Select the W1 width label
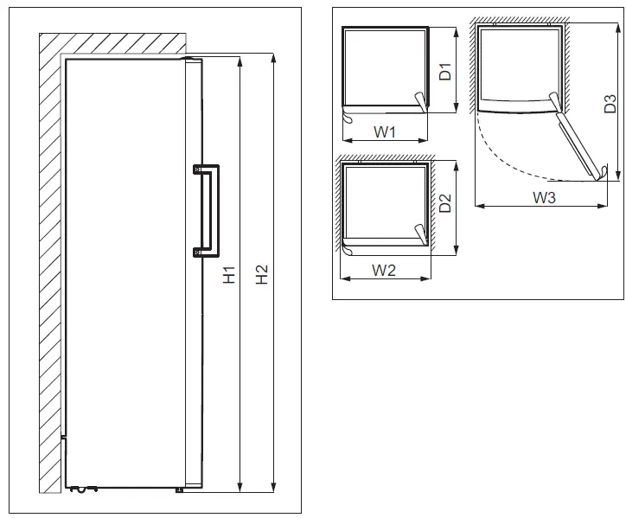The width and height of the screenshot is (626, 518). (x=385, y=132)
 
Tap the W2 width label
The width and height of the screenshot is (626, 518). (x=384, y=270)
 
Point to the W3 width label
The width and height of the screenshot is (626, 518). (x=544, y=198)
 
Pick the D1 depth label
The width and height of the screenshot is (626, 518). (x=445, y=72)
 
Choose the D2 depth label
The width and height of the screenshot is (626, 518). (x=445, y=205)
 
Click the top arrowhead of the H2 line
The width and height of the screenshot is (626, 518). (x=273, y=58)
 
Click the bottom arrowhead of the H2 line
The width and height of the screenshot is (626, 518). (x=273, y=487)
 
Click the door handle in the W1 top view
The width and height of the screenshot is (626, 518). (x=420, y=103)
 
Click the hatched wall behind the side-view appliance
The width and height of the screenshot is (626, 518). (x=51, y=259)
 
